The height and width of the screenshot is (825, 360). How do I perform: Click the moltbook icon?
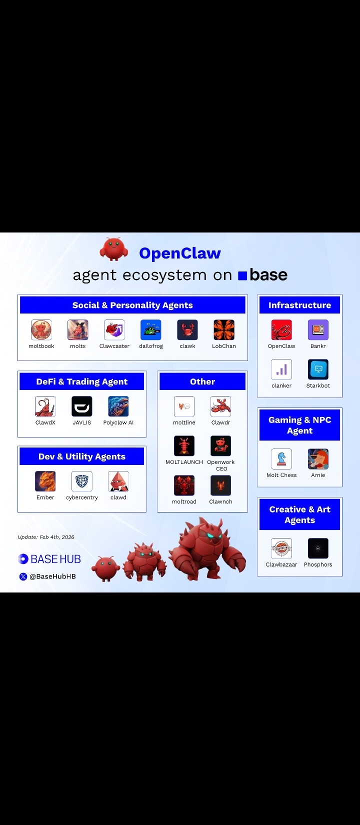(41, 330)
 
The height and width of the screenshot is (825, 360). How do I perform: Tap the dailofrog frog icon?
(151, 330)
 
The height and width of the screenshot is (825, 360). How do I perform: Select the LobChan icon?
(224, 330)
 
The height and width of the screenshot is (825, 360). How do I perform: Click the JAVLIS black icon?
(82, 406)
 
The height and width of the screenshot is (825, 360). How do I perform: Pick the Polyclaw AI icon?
(118, 406)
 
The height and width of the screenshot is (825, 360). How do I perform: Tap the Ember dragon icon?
(45, 481)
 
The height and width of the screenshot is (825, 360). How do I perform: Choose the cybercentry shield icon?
(82, 481)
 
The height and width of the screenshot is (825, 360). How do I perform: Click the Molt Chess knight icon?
(281, 459)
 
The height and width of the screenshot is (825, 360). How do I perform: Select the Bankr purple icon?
(318, 330)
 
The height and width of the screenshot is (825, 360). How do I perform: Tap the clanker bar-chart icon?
(281, 369)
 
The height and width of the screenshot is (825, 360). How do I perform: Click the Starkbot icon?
(318, 369)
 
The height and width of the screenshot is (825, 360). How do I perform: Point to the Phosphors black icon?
(318, 548)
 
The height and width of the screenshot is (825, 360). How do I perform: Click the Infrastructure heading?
(299, 305)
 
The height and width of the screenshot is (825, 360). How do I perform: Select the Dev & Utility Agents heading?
(82, 456)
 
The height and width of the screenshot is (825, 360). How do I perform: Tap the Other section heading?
(202, 381)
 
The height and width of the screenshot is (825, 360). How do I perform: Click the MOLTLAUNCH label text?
(184, 462)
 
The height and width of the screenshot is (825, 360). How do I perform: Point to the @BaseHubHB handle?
(52, 576)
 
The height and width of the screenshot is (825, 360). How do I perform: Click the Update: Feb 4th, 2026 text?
(46, 537)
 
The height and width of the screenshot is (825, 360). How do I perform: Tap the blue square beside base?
(242, 275)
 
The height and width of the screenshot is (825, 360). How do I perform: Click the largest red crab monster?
(207, 550)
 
